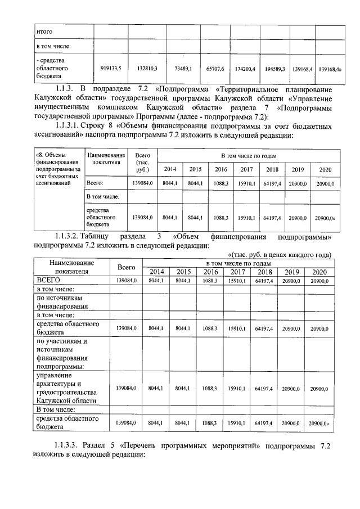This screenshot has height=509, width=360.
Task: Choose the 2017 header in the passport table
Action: coord(246,170)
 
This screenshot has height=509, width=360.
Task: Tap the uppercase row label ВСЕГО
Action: coord(49,280)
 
